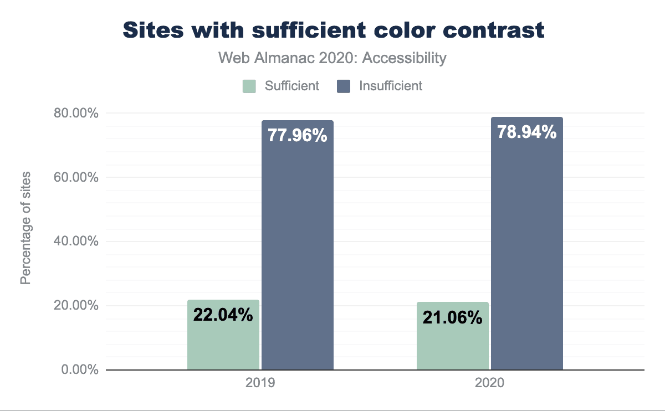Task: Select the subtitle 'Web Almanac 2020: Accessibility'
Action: (332, 58)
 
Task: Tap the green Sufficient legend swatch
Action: (249, 86)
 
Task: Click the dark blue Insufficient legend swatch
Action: (344, 86)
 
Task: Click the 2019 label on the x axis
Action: (260, 383)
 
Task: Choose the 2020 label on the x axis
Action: (489, 383)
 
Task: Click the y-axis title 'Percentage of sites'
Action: (25, 228)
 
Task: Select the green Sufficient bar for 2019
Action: (223, 343)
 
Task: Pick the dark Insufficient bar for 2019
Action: (298, 249)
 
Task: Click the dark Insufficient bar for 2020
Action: (527, 249)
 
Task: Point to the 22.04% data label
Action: (223, 315)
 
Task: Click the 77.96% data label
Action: (298, 135)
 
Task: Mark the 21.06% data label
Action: (453, 318)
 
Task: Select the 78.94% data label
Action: (527, 132)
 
